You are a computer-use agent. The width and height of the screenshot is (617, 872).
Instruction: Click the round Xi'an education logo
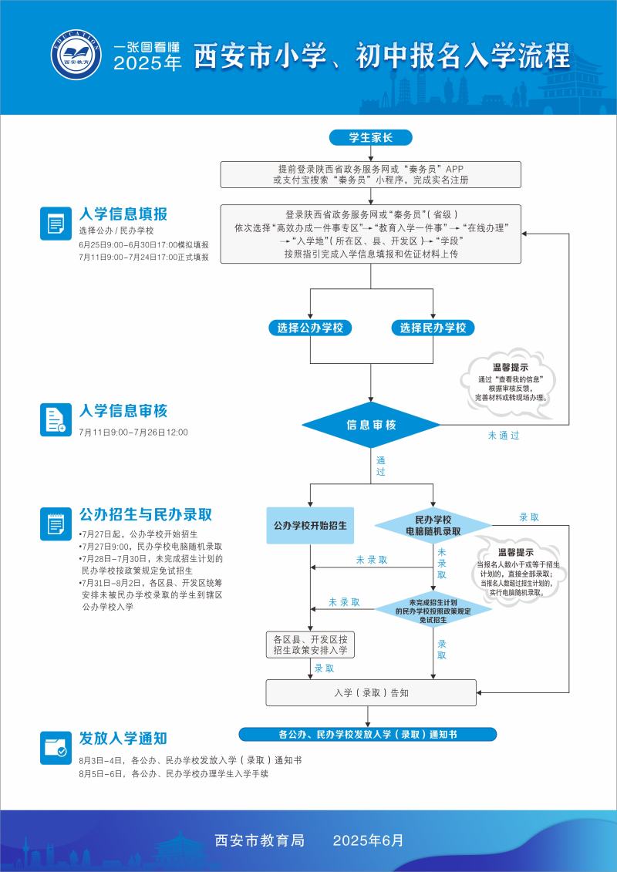click(76, 56)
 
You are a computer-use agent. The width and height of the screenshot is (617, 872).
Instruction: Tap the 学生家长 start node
click(371, 138)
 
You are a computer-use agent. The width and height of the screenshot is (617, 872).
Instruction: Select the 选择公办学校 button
click(310, 328)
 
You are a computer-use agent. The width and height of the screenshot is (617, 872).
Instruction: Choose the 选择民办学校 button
click(433, 328)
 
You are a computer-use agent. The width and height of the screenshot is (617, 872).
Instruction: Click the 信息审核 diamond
click(371, 425)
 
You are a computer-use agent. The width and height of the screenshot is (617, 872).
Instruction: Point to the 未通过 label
click(504, 436)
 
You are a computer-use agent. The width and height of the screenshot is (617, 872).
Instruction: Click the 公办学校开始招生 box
click(310, 526)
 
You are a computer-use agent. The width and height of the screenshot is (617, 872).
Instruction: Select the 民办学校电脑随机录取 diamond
click(433, 526)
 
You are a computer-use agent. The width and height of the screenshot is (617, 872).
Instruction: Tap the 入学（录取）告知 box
click(371, 692)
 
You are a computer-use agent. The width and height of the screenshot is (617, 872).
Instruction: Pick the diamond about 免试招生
click(433, 610)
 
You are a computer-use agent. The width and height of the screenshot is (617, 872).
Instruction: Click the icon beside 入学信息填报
click(56, 224)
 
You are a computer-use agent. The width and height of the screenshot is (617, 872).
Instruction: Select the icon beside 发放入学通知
click(56, 748)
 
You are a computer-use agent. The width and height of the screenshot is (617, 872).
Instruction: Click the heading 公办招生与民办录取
click(146, 514)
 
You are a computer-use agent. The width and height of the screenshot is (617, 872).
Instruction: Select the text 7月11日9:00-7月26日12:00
click(133, 433)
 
